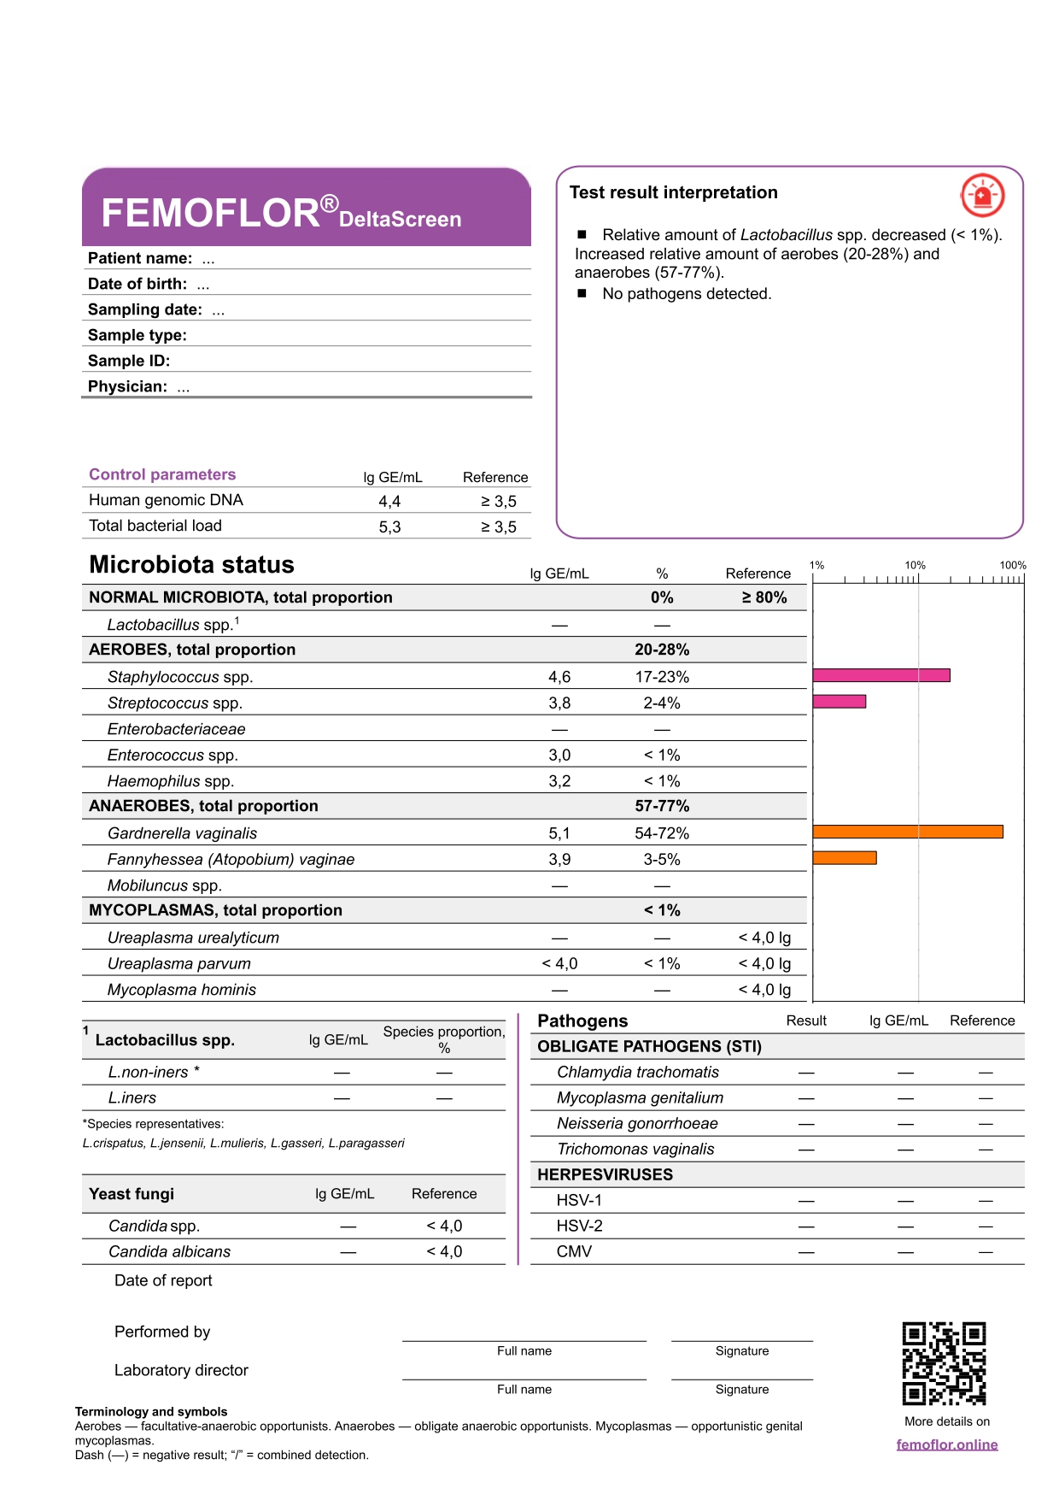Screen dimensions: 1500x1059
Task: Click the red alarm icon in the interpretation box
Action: point(982,196)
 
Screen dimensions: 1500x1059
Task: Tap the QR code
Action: point(944,1363)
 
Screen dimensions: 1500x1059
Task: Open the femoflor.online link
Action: point(947,1444)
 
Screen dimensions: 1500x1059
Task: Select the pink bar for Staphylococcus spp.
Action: point(881,675)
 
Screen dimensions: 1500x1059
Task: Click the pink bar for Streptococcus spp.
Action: point(840,702)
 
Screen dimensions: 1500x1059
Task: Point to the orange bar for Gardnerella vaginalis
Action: point(908,832)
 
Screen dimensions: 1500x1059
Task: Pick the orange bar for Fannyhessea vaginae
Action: point(845,858)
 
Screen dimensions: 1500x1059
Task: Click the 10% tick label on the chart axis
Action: point(915,565)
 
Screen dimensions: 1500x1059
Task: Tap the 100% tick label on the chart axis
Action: point(1013,565)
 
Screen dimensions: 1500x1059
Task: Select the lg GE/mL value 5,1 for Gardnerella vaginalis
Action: point(559,833)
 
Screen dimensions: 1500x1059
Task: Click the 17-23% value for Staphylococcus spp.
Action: point(662,677)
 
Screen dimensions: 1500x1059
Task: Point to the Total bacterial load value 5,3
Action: point(389,527)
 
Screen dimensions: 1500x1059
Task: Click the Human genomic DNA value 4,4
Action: point(389,502)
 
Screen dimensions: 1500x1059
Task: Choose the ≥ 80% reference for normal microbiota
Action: point(764,597)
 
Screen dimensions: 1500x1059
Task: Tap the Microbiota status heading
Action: point(191,565)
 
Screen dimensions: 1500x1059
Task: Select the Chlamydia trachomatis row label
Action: point(637,1072)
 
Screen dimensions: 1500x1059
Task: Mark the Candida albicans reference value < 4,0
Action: point(444,1251)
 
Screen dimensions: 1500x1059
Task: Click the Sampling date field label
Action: point(145,309)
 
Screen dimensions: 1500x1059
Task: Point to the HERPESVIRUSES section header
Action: point(605,1174)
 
